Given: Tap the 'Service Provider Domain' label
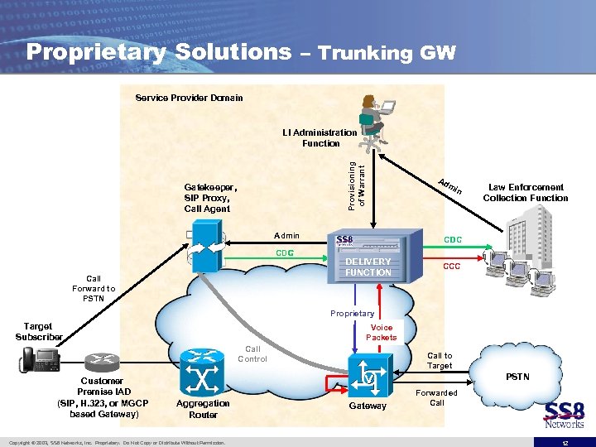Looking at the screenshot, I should click(189, 98).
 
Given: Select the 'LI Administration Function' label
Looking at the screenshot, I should click(320, 137).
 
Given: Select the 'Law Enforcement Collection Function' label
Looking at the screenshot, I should click(526, 193).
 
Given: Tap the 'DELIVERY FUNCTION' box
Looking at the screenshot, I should click(368, 267).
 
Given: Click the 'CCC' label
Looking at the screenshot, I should click(452, 267).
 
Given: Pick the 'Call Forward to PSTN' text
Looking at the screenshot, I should click(94, 289).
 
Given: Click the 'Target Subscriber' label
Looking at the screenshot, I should click(38, 332).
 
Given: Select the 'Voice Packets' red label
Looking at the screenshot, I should click(381, 332).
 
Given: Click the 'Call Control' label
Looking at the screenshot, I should click(252, 353).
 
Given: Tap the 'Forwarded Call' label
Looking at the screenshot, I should click(436, 397).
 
